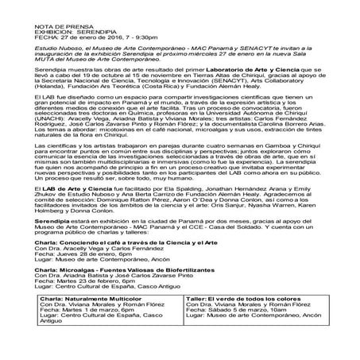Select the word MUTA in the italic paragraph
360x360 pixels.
point(45,82)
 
